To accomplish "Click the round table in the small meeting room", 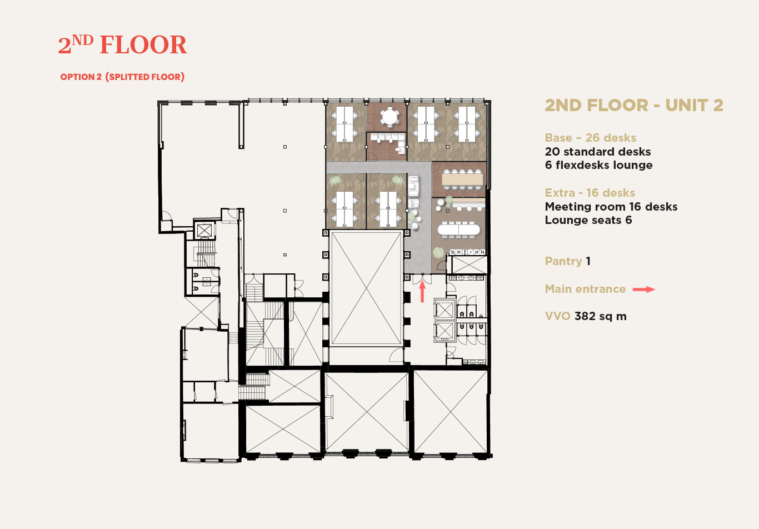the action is point(390,117).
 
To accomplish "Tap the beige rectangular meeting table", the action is point(462,179).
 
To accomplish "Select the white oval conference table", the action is point(459,229).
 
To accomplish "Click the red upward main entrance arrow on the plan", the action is point(422,291).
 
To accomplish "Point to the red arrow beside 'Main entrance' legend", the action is point(644,290).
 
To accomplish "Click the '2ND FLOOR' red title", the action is point(122,45).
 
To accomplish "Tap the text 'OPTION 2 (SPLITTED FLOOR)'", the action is point(122,77).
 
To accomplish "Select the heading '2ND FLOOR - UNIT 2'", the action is point(634,105).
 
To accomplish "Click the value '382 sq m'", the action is point(601,316).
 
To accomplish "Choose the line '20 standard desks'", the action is point(598,152).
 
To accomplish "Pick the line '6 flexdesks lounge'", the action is point(599,165).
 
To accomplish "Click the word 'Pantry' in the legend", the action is point(563,261).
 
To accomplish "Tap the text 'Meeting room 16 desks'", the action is point(611,207).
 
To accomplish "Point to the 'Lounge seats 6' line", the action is point(588,220).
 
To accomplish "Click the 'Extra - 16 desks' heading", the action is point(590,193).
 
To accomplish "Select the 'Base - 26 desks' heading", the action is point(590,138).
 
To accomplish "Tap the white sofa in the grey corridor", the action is point(413,186).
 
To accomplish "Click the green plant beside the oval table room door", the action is point(438,252).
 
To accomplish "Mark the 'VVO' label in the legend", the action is point(558,316).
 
